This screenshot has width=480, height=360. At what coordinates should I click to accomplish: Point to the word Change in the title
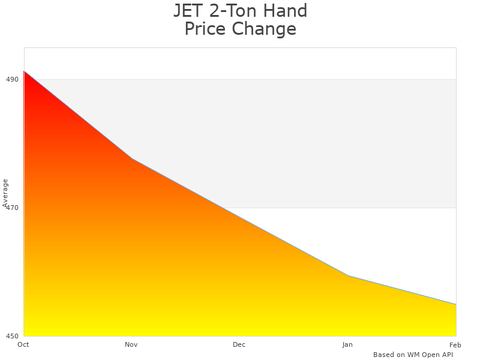click(x=264, y=29)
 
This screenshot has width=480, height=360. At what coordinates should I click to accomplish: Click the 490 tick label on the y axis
click(x=12, y=79)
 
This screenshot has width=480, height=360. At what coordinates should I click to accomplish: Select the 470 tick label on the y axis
click(x=12, y=208)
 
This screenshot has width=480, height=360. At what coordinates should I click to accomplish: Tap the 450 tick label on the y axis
click(x=12, y=336)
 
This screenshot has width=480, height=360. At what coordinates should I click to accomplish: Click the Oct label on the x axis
click(x=23, y=344)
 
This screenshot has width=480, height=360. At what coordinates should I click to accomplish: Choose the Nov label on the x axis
click(x=131, y=344)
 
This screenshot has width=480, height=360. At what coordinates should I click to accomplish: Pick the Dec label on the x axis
click(x=239, y=344)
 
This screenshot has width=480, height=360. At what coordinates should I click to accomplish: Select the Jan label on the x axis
click(x=347, y=344)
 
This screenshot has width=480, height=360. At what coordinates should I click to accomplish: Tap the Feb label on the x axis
click(x=455, y=344)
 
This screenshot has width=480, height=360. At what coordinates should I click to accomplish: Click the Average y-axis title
click(x=5, y=193)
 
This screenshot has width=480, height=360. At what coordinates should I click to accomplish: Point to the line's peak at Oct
click(x=24, y=71)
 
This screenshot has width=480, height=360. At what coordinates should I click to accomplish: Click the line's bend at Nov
click(x=132, y=159)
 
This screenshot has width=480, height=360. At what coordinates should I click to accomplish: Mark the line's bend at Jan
click(x=348, y=275)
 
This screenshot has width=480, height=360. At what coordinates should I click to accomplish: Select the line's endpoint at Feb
click(x=456, y=304)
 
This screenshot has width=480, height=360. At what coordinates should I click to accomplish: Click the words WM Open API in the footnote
click(x=430, y=355)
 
